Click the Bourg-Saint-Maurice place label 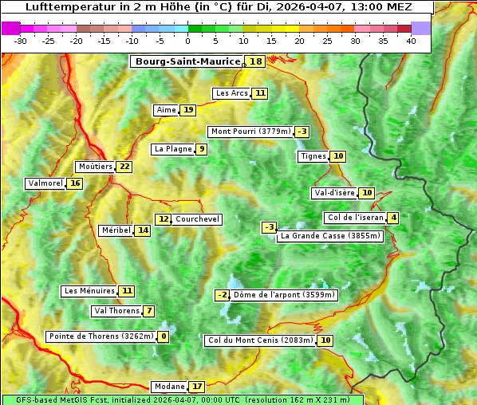[187, 61]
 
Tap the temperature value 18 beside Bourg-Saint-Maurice [255, 61]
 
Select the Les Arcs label [232, 93]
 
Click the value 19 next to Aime [187, 110]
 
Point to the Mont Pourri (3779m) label [250, 132]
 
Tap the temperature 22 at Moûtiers [124, 167]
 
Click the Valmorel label [45, 183]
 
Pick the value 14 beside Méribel [143, 230]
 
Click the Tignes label [313, 156]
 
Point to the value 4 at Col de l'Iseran [393, 218]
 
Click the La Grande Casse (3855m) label [330, 236]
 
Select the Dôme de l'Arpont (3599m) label [285, 295]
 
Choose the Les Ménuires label [88, 291]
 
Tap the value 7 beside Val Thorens [148, 311]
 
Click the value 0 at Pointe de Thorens [164, 336]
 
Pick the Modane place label [169, 387]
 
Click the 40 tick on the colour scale [411, 41]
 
